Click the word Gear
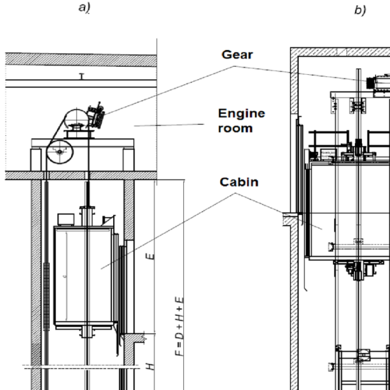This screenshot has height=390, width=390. coord(237,55)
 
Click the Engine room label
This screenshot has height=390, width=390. coord(240,120)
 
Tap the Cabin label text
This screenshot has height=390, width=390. coord(239,182)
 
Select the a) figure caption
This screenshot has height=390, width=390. coord(84,8)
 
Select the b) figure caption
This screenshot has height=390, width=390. coord(360,12)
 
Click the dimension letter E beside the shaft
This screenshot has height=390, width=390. coord(151,255)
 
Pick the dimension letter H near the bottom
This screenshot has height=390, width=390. coord(150,367)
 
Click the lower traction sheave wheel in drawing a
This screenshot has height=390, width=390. coord(60,151)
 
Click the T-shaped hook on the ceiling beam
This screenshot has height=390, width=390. coord(81,77)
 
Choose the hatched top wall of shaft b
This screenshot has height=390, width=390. coord(338,53)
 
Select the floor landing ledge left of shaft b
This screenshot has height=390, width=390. coord(288,220)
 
